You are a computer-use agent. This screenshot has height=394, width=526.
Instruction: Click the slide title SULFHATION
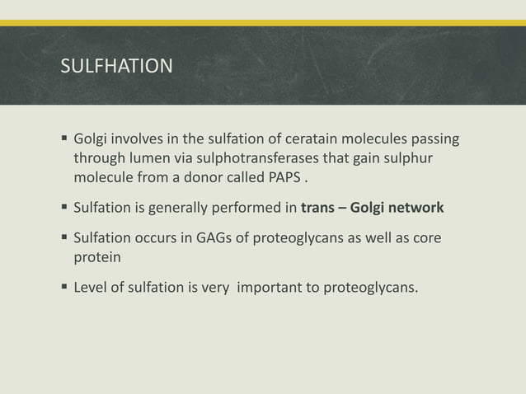click(117, 66)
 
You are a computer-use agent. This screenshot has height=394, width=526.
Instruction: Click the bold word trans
click(319, 207)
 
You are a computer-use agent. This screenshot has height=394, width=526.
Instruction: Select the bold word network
click(416, 207)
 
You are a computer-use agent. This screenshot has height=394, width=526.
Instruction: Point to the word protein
click(96, 257)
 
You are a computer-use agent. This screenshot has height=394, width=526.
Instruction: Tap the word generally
click(175, 207)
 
